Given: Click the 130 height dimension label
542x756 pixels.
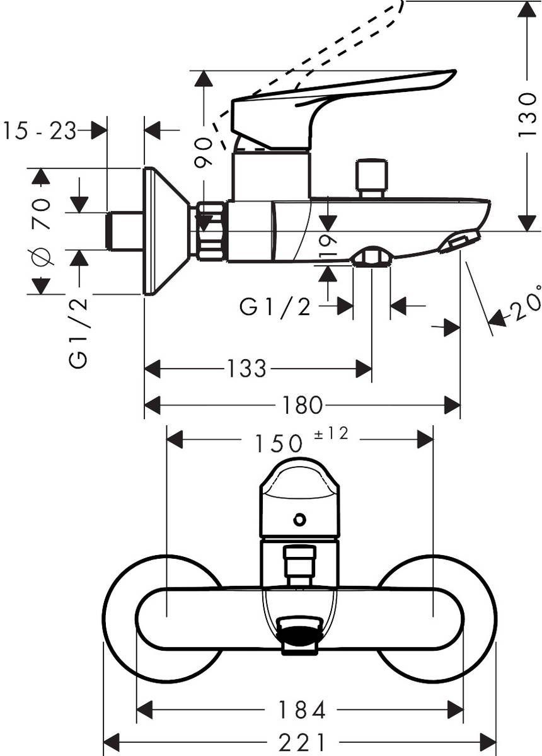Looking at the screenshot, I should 527,115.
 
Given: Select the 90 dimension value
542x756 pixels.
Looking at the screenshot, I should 203,153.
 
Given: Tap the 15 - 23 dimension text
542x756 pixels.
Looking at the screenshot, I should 39,131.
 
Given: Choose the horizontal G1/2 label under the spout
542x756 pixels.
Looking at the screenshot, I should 275,307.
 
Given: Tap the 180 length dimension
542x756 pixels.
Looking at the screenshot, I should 303,406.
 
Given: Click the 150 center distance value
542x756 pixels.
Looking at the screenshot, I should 279,444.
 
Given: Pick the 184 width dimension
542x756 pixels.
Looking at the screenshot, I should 302,711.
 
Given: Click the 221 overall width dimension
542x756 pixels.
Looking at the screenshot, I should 302,741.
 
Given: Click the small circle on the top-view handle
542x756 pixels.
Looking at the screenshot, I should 299,520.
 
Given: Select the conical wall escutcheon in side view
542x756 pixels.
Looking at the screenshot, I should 165,231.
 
